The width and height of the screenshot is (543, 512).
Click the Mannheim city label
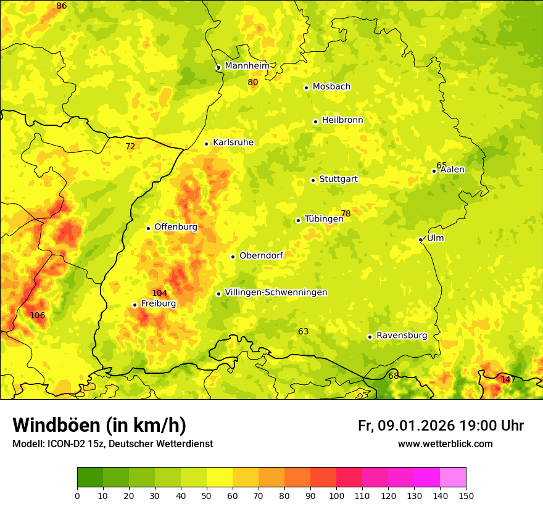coord(247,66)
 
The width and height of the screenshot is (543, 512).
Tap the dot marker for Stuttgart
coord(313,180)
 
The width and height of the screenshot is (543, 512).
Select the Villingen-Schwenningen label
coord(276,292)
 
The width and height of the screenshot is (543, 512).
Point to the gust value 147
coord(508,379)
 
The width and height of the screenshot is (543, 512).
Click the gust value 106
coord(38,315)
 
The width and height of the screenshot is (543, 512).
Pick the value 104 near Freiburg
coord(160,293)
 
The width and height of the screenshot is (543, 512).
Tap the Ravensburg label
coord(402,336)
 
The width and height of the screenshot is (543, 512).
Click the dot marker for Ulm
coord(420,239)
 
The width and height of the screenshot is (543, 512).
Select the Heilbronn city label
coord(342,120)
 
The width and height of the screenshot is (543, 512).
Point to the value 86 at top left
coord(61,6)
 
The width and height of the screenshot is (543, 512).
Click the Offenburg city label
coord(176,227)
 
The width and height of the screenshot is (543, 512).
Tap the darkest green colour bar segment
coord(90,477)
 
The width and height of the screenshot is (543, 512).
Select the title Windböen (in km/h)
coord(99,425)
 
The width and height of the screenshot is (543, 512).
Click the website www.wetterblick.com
coord(446,444)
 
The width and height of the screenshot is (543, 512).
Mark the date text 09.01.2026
coord(417,426)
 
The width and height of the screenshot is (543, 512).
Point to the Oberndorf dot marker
coord(233,257)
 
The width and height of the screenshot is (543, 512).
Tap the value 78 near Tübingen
coord(346,214)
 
